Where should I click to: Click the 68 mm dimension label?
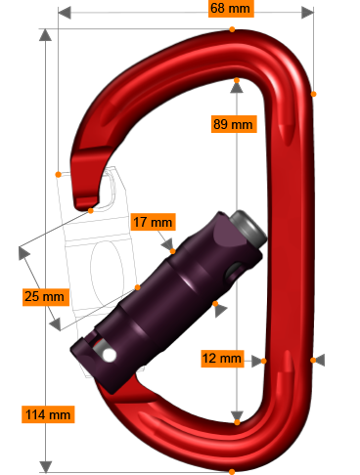[x=231, y=9]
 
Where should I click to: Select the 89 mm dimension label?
[x=233, y=124]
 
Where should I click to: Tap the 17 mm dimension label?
[x=153, y=222]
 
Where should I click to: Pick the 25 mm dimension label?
[x=45, y=296]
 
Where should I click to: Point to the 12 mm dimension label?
[x=222, y=359]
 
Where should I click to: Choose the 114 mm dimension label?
[x=47, y=414]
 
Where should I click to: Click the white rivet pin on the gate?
[x=109, y=355]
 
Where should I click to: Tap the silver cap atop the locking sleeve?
[x=249, y=228]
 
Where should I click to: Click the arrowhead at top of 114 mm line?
[x=45, y=35]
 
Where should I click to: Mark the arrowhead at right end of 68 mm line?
[x=308, y=13]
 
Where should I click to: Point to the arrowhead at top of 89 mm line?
[x=237, y=87]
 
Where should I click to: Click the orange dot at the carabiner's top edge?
[x=232, y=29]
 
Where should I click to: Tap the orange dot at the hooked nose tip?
[x=59, y=174]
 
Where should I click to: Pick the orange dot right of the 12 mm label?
[x=263, y=361]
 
